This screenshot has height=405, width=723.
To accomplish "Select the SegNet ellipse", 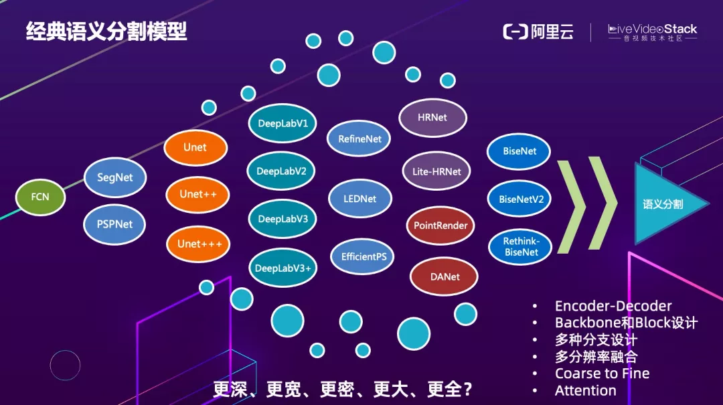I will [x=115, y=177].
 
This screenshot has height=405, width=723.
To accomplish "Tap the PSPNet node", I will [x=115, y=224].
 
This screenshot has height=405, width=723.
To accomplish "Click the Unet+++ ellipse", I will [x=199, y=244].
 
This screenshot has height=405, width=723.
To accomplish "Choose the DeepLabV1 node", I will [x=282, y=123].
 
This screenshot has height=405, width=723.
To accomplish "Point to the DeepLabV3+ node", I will [x=283, y=268].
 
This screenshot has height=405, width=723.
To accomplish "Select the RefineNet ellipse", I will [x=359, y=139].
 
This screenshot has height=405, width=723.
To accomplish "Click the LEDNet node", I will [x=360, y=199].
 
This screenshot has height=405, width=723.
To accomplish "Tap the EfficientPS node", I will [x=364, y=256].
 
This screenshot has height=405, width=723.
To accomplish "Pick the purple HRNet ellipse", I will [x=432, y=117].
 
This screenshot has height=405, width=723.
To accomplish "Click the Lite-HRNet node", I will [x=436, y=171].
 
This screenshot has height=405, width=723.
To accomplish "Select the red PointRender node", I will [x=440, y=226].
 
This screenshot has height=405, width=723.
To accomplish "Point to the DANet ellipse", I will [x=445, y=276].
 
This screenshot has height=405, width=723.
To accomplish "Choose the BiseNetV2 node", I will [x=521, y=199].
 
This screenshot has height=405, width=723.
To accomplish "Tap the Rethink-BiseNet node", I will [x=521, y=247].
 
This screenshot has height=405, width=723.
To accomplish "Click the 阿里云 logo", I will [x=538, y=31].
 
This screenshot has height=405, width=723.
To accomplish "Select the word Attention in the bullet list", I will [x=585, y=390].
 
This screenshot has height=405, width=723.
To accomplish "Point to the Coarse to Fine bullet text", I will [x=602, y=374].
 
